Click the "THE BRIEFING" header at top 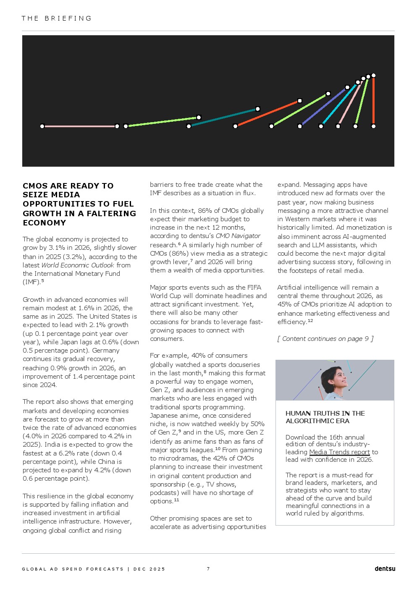pos(57,18)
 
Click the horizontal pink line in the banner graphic pos(79,126)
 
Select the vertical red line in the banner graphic pos(373,101)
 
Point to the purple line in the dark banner pos(323,107)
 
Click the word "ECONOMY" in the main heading pos(44,223)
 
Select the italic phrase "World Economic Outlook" pos(78,265)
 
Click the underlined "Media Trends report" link pos(339,452)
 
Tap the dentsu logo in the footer pos(385,569)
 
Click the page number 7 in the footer pos(208,569)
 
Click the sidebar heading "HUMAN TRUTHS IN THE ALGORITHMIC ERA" pos(325,417)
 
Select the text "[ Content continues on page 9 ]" pos(325,339)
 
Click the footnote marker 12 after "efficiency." pos(310,321)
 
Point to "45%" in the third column pos(284,304)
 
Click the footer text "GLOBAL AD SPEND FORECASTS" pos(73,569)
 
